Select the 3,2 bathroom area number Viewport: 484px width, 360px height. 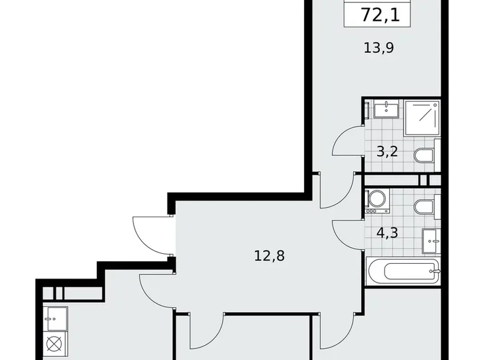pyautogui.click(x=388, y=151)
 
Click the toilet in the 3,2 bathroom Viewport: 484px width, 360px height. pyautogui.click(x=426, y=155)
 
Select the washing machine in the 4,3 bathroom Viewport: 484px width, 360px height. pyautogui.click(x=375, y=200)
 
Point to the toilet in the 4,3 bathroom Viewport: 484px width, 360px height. pyautogui.click(x=426, y=207)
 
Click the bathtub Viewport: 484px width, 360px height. pyautogui.click(x=403, y=271)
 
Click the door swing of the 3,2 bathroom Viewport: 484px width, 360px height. pyautogui.click(x=347, y=142)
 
